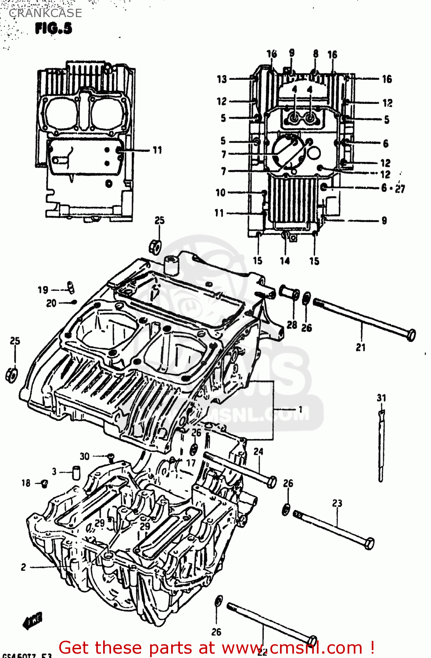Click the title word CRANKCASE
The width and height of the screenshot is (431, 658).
(45, 13)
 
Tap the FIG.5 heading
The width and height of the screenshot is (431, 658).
(54, 29)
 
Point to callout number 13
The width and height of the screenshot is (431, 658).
(222, 79)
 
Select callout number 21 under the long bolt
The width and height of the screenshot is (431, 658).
(360, 347)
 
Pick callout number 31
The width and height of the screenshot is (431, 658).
(381, 398)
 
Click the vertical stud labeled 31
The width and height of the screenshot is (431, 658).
(381, 447)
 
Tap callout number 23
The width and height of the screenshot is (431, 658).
(337, 503)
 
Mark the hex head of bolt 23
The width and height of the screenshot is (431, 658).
(369, 544)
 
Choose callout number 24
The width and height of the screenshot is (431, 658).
(259, 451)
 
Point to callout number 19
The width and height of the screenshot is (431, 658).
(43, 290)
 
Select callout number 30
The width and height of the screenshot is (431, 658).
(84, 456)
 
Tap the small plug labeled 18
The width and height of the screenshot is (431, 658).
(44, 483)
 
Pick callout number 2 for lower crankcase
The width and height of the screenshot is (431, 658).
(23, 567)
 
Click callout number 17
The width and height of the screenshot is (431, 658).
(191, 463)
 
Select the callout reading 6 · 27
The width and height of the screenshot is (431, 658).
(393, 189)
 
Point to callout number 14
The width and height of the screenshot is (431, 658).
(285, 261)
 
